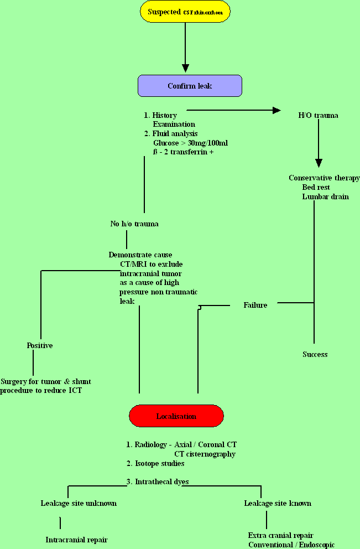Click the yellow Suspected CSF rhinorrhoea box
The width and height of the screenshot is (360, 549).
tap(185, 12)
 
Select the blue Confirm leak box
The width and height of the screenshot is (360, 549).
tap(190, 86)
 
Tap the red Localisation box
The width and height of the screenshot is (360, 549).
tap(176, 416)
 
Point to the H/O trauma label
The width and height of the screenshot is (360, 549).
tap(318, 116)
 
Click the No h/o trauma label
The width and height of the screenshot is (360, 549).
tap(134, 224)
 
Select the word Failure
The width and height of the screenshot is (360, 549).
tap(255, 305)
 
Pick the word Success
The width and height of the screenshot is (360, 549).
tap(315, 354)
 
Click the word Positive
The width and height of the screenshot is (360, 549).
tap(40, 345)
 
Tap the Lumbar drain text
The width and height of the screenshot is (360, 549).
tap(325, 196)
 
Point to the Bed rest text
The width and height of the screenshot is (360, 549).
tap(316, 187)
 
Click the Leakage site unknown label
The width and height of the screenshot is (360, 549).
tap(79, 503)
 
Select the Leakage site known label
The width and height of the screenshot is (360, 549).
tap(278, 503)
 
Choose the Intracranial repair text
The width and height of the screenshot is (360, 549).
tap(76, 540)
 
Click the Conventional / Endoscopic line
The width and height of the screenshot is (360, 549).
tap(291, 545)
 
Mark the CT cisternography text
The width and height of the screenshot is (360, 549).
tap(205, 454)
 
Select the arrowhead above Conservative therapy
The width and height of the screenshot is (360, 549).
tap(318, 163)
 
